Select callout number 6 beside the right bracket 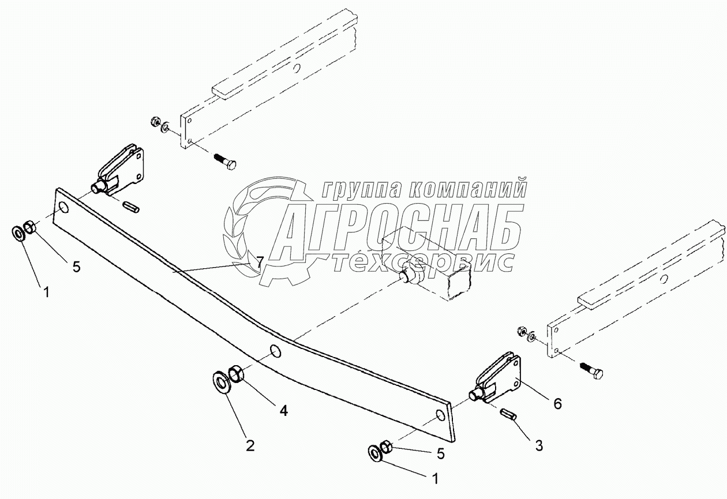[557, 404]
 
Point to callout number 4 [283, 410]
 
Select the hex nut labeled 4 [236, 375]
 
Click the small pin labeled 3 [508, 414]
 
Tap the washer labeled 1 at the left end [18, 233]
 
